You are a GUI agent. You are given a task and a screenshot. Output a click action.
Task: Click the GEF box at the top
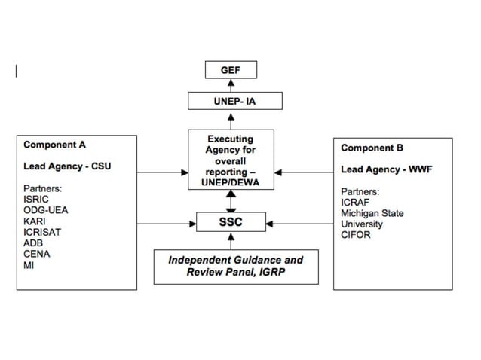pos(231,70)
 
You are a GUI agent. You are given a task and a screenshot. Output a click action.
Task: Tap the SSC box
pos(231,222)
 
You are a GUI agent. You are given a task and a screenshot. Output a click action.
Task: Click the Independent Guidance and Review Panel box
pos(235,266)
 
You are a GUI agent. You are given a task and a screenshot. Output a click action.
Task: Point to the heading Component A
pos(54,144)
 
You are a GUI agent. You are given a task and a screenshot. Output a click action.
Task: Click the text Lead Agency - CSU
pos(67,166)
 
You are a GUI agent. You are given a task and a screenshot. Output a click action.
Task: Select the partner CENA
pos(37,254)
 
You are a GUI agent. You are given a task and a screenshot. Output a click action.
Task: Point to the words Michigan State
pos(372,213)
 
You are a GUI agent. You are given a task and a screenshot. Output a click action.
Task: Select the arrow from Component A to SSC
pos(167,223)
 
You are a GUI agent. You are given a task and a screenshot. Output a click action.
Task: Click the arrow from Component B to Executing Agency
pos(303,172)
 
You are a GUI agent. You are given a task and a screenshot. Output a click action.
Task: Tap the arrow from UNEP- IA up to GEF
pos(231,85)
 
